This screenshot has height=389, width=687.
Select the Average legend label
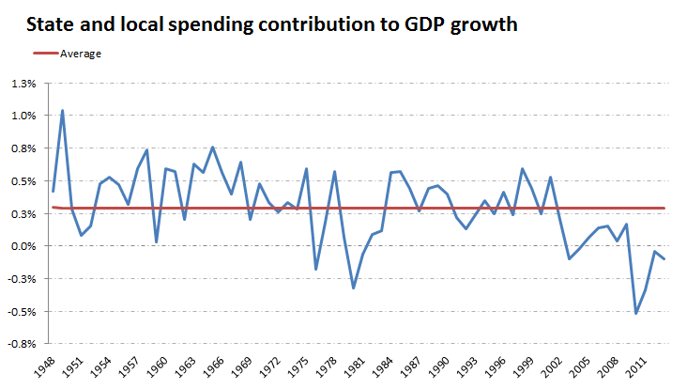coord(80,54)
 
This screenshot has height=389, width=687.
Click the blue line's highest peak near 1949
coord(62,111)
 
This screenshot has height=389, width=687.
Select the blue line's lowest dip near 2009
coord(635,313)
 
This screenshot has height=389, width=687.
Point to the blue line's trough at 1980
coord(353,288)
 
